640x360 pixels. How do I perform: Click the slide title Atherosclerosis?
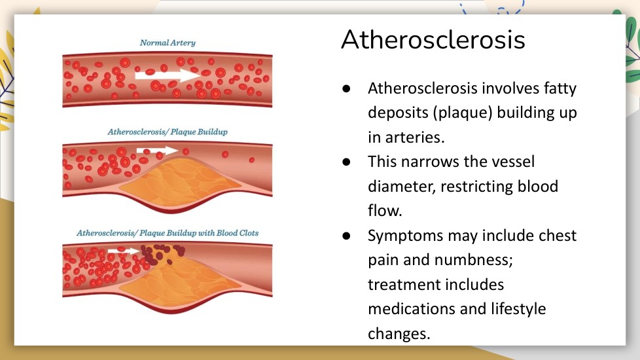tap(433, 39)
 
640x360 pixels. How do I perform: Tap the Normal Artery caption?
tap(168, 43)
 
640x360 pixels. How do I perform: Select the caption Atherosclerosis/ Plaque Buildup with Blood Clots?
tap(168, 233)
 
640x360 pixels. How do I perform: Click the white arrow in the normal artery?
tap(168, 75)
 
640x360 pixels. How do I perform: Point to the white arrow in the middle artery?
tap(157, 151)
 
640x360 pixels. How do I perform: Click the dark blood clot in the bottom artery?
tap(161, 253)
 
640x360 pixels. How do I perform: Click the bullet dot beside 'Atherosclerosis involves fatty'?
tap(347, 88)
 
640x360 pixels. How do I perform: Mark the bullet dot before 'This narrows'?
tap(347, 162)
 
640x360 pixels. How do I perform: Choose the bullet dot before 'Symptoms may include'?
tap(347, 236)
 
